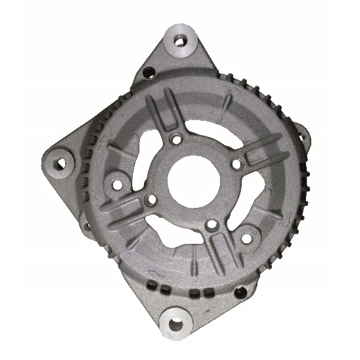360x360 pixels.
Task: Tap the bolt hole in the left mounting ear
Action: [60, 164]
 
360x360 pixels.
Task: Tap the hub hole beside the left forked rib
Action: [151, 199]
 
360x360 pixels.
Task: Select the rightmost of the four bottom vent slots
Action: [207, 293]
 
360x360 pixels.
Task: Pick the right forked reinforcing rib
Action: [265, 149]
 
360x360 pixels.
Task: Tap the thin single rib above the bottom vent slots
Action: [194, 265]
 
